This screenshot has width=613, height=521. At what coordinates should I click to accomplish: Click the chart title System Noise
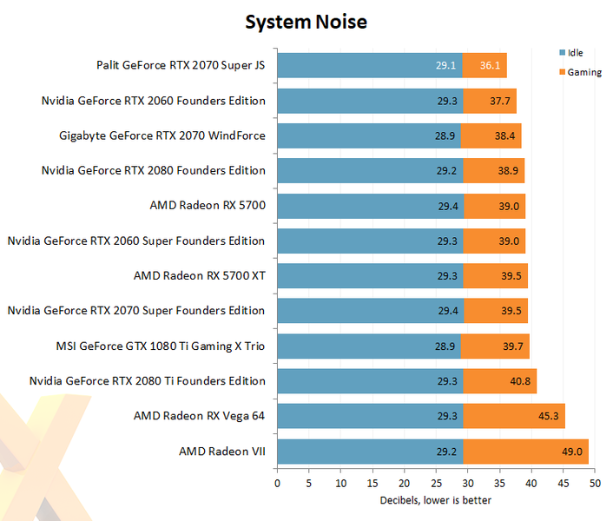[x=306, y=21]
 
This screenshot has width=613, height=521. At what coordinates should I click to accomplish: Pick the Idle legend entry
[x=574, y=53]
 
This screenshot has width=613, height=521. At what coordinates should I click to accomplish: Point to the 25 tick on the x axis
[x=436, y=482]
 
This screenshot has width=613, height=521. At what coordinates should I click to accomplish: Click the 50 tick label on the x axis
[x=595, y=482]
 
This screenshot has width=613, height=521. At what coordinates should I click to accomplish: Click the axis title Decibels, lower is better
[x=436, y=499]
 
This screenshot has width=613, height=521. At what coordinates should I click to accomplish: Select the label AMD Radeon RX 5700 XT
[x=199, y=275]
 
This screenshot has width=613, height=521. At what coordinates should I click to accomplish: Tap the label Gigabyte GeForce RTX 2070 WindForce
[x=161, y=135]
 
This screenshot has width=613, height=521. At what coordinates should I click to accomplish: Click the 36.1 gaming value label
[x=493, y=65]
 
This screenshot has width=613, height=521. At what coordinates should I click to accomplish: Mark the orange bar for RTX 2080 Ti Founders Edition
[x=499, y=381]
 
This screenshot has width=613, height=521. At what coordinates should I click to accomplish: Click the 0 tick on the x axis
[x=277, y=482]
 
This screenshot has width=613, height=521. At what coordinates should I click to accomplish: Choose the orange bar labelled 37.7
[x=490, y=101]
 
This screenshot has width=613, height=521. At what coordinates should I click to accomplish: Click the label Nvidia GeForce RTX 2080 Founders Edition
[x=153, y=170]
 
